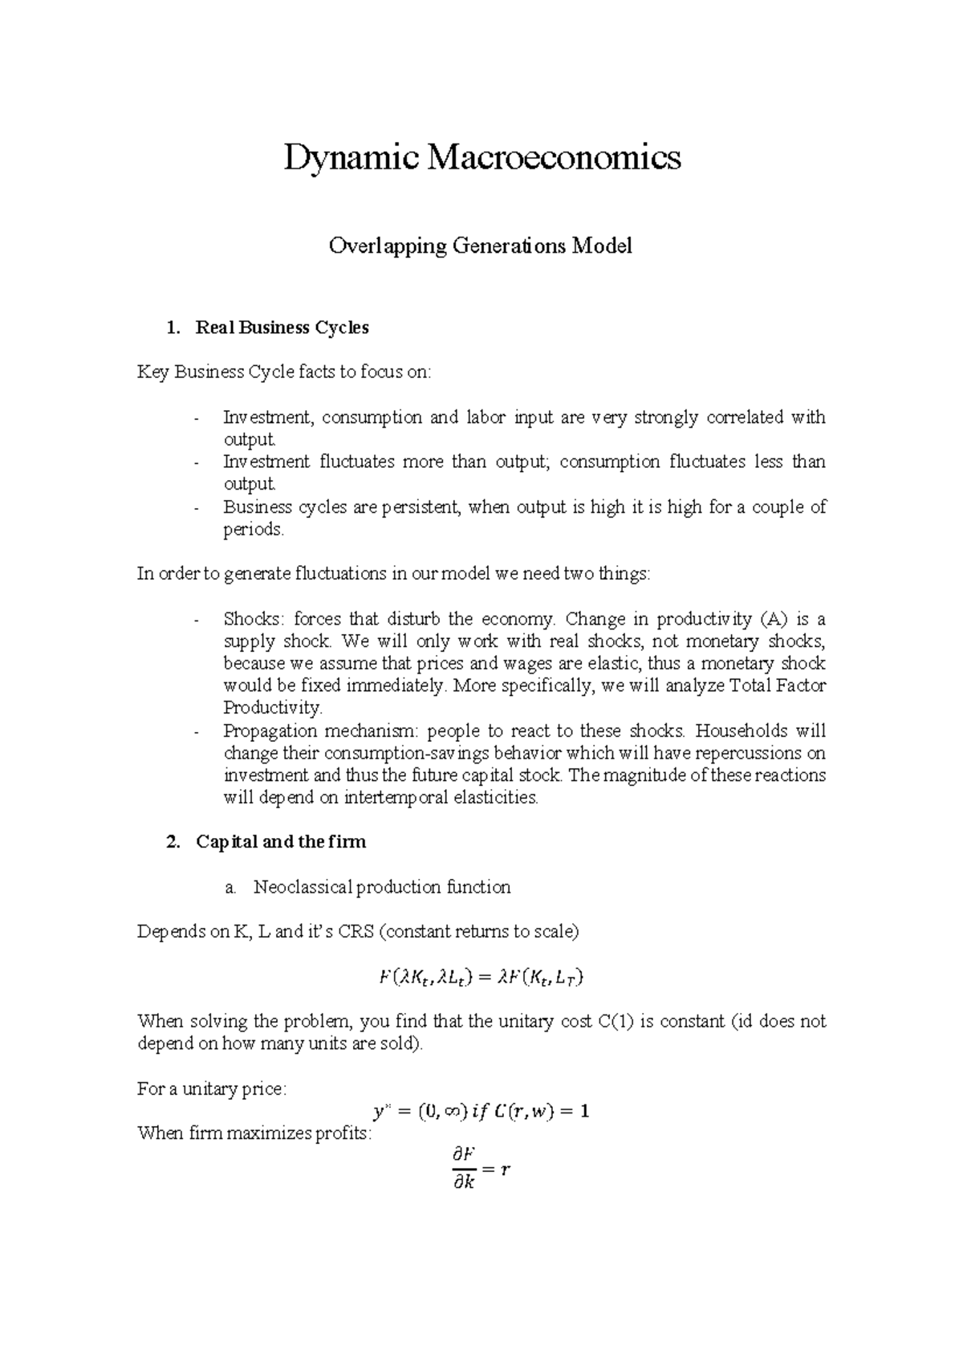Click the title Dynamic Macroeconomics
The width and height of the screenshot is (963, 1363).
[481, 158]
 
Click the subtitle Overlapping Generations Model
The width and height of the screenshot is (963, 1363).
[481, 246]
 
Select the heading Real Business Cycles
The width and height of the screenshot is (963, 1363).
[282, 328]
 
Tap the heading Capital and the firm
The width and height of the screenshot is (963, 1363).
[280, 842]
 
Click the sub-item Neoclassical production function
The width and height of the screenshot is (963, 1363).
[382, 887]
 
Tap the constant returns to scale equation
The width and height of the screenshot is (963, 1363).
[481, 978]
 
